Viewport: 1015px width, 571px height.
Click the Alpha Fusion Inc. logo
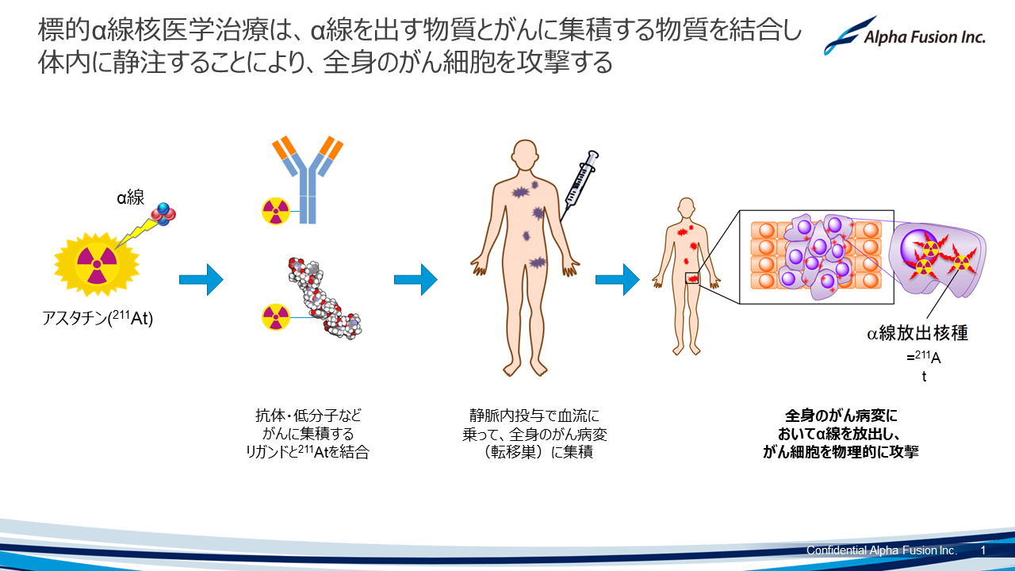pyautogui.click(x=904, y=36)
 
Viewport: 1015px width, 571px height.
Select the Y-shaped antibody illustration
pyautogui.click(x=308, y=179)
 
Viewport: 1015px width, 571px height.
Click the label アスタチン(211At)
pyautogui.click(x=98, y=320)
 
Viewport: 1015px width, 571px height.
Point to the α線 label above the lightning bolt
pyautogui.click(x=130, y=198)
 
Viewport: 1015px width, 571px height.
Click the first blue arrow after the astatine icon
pyautogui.click(x=201, y=279)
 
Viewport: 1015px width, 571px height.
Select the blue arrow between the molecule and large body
pyautogui.click(x=416, y=279)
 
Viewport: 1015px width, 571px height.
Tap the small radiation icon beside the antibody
pyautogui.click(x=276, y=211)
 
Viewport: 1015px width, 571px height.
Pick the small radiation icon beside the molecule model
pyautogui.click(x=276, y=317)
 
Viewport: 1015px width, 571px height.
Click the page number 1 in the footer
pyautogui.click(x=983, y=550)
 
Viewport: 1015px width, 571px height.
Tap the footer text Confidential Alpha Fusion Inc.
pyautogui.click(x=881, y=550)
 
